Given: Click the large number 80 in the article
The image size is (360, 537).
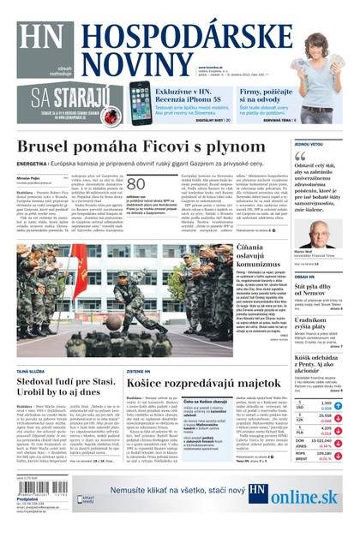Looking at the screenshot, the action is click(136, 185).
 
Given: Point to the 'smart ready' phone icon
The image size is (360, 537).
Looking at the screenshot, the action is click(85, 498).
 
